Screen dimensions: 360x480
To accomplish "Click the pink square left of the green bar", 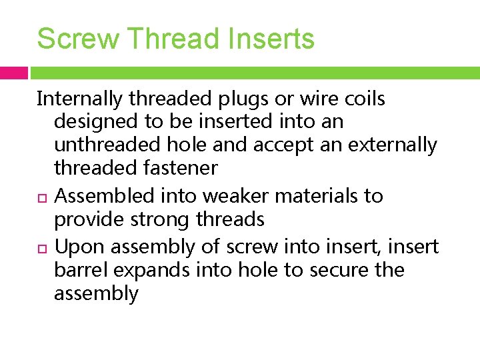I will click(x=13, y=73).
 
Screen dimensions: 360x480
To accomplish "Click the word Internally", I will click(x=80, y=99).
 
